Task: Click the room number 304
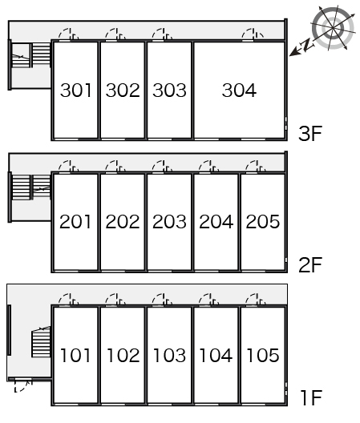239,90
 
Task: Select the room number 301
75,90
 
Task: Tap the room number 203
169,222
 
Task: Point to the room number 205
263,222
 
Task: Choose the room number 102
123,355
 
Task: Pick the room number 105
263,355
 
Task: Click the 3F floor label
310,134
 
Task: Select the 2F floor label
310,265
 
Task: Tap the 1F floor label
311,397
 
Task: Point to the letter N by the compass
307,45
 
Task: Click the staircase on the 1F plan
41,342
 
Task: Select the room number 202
123,222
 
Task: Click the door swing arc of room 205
250,163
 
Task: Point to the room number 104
216,355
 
